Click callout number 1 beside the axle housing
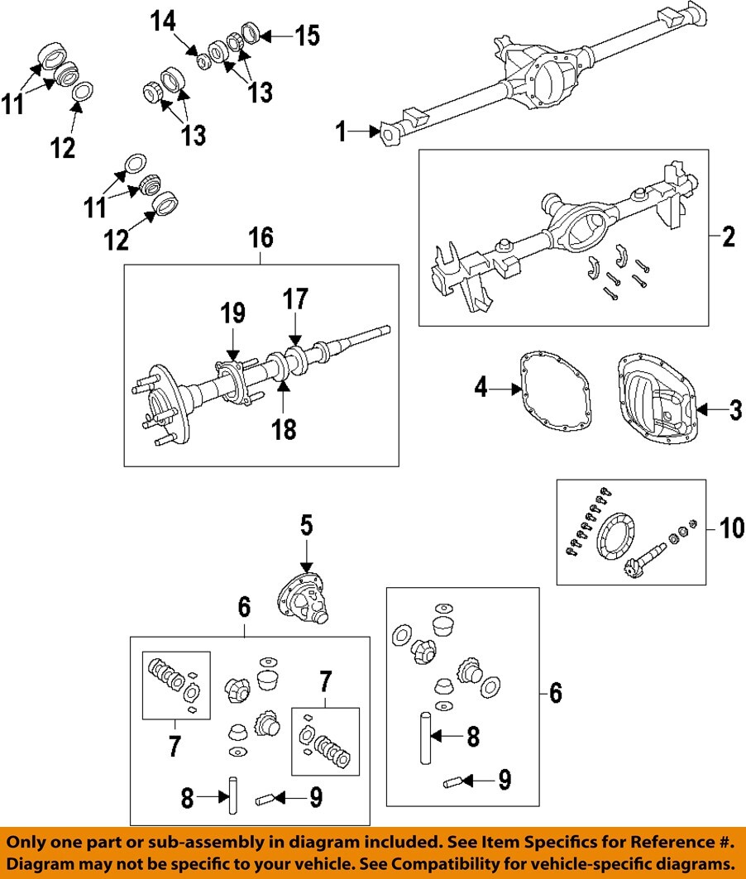342,131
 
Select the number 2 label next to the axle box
728,237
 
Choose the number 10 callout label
731,526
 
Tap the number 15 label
307,36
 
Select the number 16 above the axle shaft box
261,238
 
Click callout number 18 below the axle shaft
284,428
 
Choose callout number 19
232,313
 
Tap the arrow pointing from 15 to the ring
278,36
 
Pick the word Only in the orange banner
31,843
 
